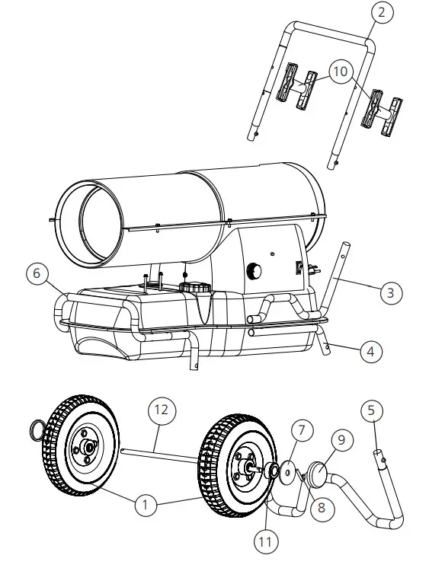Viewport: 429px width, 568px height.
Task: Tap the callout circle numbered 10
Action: [x=340, y=72]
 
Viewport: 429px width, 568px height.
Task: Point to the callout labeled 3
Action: [x=389, y=292]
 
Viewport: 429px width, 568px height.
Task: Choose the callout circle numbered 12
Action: [x=162, y=412]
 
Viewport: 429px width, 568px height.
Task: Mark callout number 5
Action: [x=371, y=411]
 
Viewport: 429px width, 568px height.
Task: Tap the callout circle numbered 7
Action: [x=302, y=431]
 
